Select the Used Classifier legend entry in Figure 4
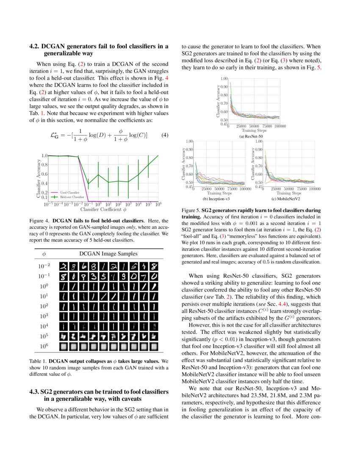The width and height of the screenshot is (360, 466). click(69, 192)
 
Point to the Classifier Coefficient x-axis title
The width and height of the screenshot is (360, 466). click(103, 209)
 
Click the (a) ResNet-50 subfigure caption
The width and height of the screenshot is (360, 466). click(254, 136)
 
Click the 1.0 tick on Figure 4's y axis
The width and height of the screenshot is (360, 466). click(44, 156)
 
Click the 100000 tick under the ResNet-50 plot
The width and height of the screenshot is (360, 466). click(279, 126)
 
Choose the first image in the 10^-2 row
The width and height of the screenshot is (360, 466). click(64, 266)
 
